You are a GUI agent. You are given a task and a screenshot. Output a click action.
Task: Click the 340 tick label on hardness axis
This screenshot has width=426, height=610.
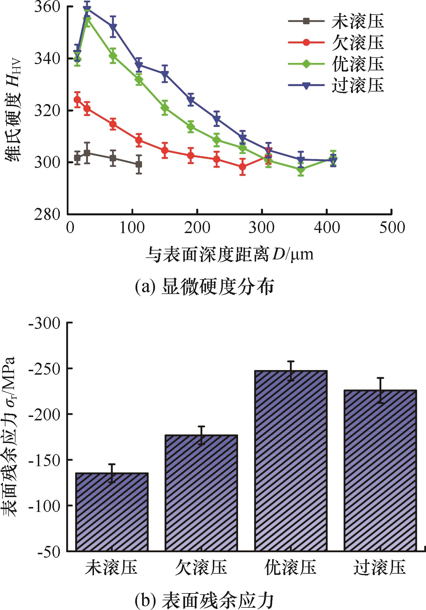[47, 59]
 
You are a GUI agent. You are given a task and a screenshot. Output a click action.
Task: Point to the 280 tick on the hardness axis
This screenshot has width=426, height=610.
[47, 214]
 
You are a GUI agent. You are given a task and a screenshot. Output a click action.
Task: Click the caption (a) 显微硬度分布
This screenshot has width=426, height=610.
[204, 287]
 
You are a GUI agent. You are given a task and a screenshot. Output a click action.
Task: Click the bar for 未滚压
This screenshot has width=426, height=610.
[112, 512]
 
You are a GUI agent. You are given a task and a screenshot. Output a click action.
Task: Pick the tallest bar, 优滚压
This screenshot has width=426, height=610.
[291, 460]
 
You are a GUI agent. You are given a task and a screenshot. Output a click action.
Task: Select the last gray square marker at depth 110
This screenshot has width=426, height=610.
[139, 164]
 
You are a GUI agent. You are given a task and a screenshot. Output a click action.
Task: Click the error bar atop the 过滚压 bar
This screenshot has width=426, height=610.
[380, 390]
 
